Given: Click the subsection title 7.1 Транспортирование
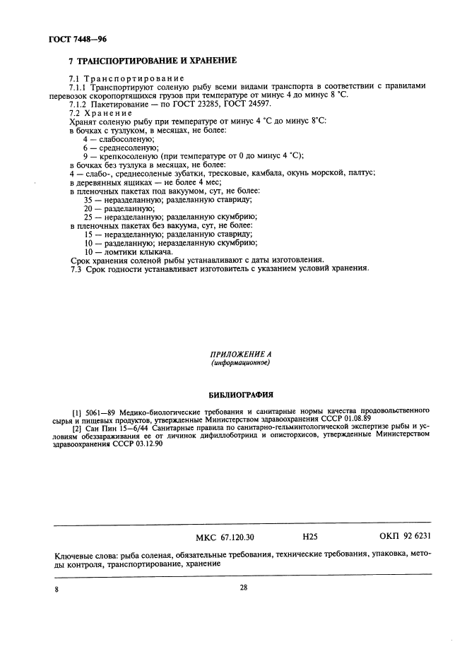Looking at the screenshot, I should pyautogui.click(x=126, y=78).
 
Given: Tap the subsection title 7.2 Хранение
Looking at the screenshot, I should pyautogui.click(x=100, y=112).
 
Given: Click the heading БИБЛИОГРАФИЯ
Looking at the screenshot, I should pyautogui.click(x=240, y=395).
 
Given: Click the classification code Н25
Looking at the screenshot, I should pyautogui.click(x=309, y=537).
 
